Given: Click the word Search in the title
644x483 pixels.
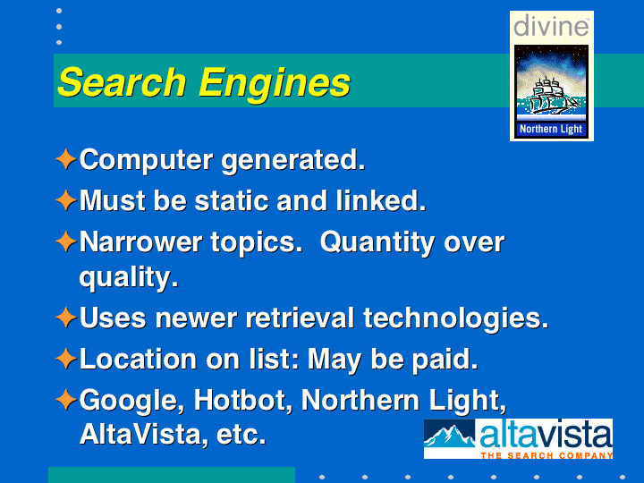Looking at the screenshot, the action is [123, 82].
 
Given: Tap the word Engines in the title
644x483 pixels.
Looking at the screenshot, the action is [275, 85].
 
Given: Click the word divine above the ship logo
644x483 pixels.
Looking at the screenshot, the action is [551, 26].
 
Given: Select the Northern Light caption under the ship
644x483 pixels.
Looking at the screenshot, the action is [551, 129].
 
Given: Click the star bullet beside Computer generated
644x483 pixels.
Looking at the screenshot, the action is [65, 159].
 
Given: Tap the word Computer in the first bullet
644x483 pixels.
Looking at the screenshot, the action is [146, 161].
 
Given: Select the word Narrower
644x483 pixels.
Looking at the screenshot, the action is [140, 242].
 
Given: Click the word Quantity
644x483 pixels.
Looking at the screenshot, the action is [377, 243].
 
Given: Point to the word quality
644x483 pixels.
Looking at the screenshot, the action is [129, 278].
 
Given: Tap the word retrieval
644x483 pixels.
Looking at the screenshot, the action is [300, 318].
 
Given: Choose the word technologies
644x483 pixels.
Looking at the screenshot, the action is [456, 319].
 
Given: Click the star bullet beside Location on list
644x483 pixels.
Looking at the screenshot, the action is [65, 359].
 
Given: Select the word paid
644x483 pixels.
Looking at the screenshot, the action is [445, 360].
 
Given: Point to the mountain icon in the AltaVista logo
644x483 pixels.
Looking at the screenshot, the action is [450, 436].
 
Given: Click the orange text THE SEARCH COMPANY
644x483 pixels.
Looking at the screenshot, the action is [547, 455].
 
